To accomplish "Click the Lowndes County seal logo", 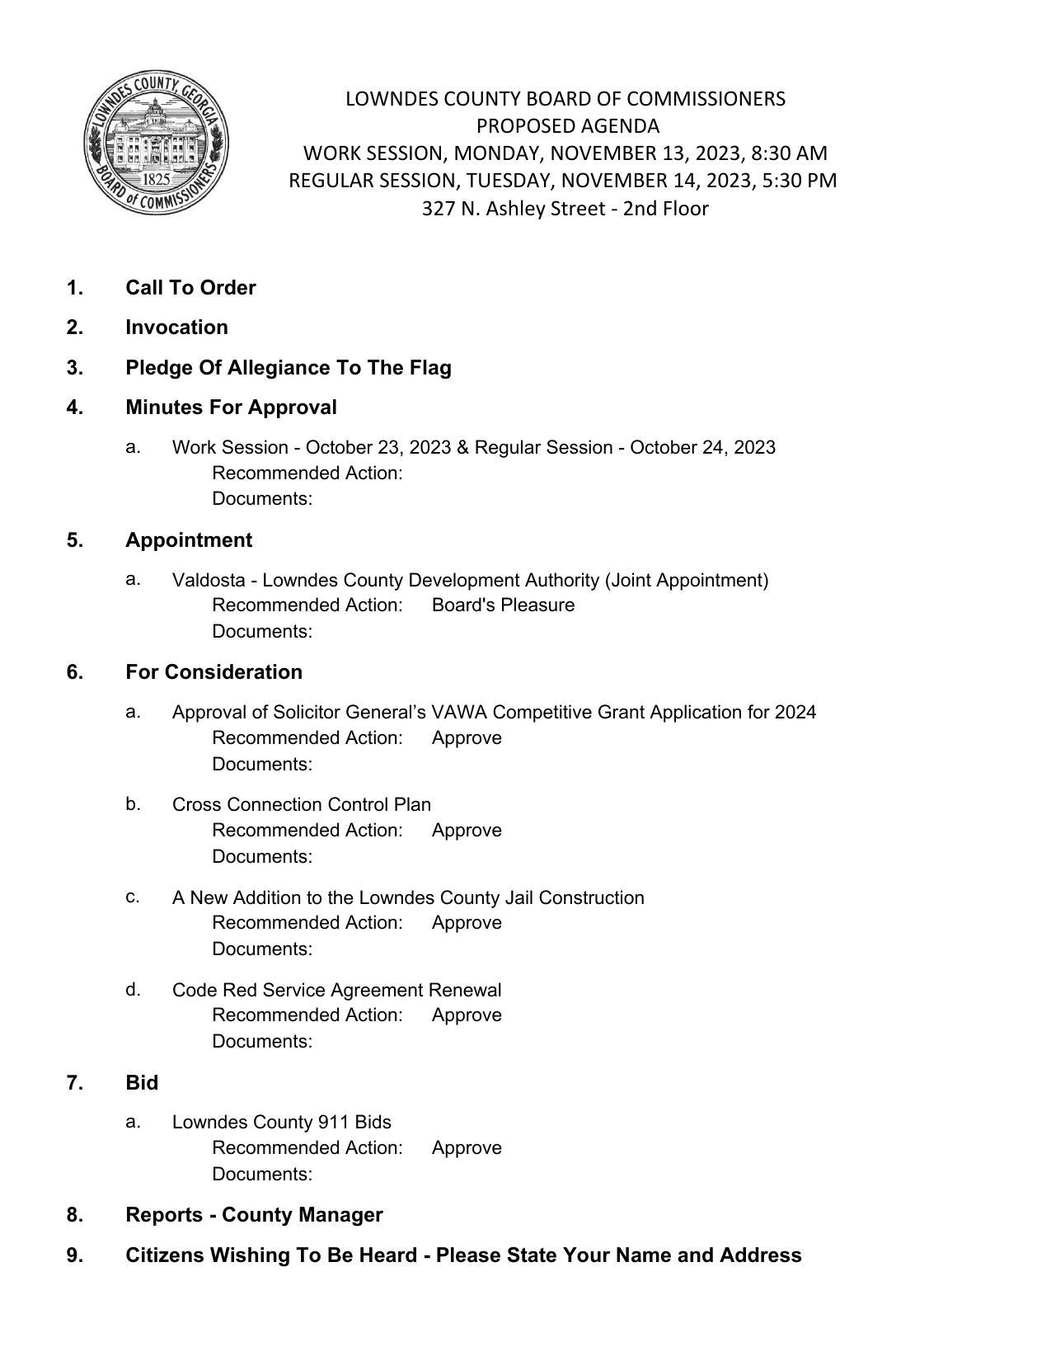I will tap(156, 142).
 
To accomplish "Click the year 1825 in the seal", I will tap(157, 179).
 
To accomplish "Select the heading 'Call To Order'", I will tap(190, 288).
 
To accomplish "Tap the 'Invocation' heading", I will tap(176, 327).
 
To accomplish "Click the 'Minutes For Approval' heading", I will tap(231, 407).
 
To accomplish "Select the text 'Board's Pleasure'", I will tap(503, 605).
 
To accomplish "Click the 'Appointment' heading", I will tap(189, 540).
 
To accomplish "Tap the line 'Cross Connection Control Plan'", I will tap(301, 805).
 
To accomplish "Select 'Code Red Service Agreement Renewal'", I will tap(336, 991).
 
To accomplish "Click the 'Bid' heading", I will tap(142, 1083).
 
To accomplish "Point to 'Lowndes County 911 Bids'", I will tap(281, 1123).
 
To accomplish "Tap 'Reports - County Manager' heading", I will tap(254, 1215).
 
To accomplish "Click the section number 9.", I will tap(74, 1255).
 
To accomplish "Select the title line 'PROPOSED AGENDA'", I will tap(567, 126).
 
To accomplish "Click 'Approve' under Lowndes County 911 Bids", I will tap(467, 1148).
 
